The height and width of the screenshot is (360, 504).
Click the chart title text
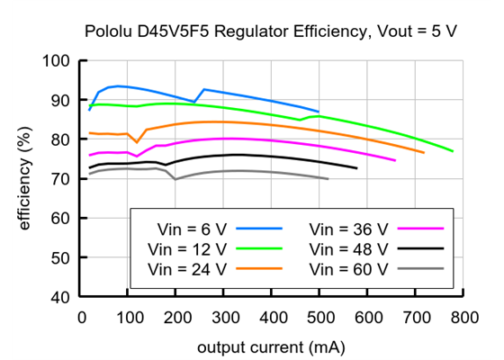[x=271, y=31]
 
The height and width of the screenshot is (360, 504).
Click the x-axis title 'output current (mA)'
[x=272, y=346]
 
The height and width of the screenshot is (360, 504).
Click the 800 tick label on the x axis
[x=463, y=316]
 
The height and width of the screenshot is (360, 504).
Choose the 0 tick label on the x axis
[x=82, y=316]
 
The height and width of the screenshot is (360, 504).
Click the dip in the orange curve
[x=137, y=142]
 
